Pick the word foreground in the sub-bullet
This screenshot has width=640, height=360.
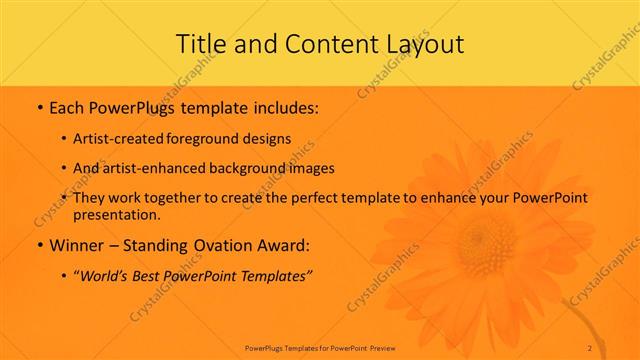pos(217,138)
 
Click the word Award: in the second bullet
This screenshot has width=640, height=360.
pos(283,245)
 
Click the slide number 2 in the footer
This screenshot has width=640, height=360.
pos(590,347)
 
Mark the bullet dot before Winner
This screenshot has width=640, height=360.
pos(38,246)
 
